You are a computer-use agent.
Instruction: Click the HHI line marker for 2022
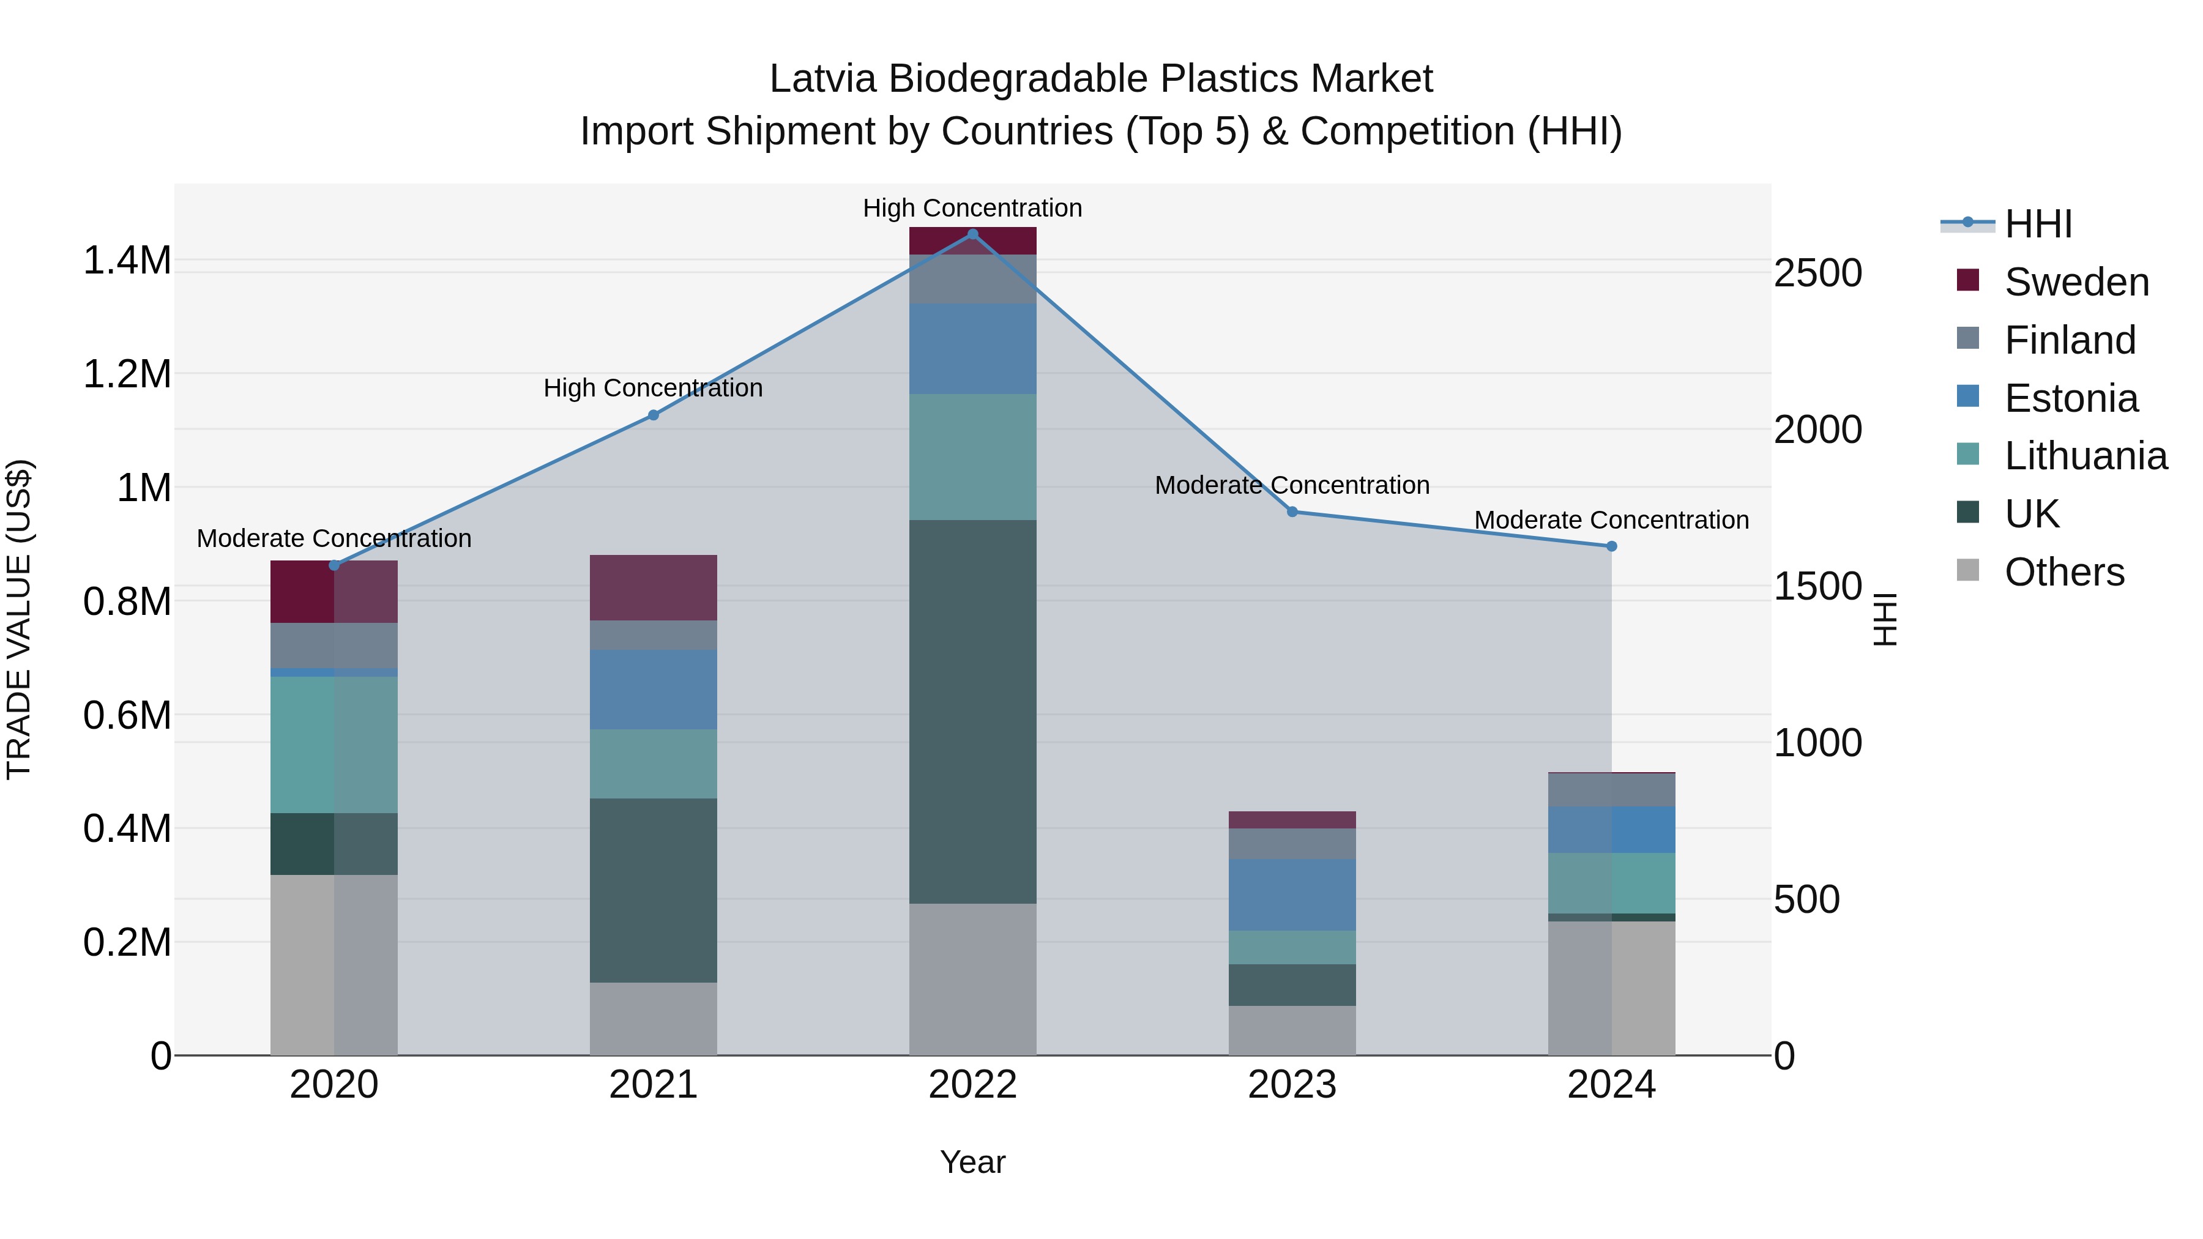click(972, 234)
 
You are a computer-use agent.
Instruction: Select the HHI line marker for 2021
click(654, 415)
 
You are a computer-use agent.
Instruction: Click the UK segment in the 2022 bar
click(972, 712)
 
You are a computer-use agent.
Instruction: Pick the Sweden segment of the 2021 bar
click(654, 587)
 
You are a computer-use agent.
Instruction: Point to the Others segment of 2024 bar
click(1611, 988)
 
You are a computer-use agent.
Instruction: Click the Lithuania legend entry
click(2084, 456)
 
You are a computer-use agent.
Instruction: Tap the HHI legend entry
click(2037, 224)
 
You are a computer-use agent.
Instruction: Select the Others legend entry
click(2063, 572)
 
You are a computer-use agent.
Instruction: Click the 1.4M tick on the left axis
click(127, 260)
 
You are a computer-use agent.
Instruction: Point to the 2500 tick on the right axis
click(1817, 273)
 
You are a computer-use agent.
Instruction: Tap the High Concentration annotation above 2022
click(972, 208)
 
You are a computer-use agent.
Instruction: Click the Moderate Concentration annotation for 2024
click(1611, 520)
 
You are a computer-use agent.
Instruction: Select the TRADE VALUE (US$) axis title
click(19, 619)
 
